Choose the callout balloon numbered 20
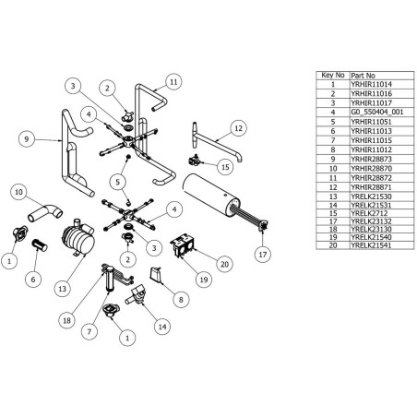[223, 264]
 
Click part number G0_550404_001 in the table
[376, 111]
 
